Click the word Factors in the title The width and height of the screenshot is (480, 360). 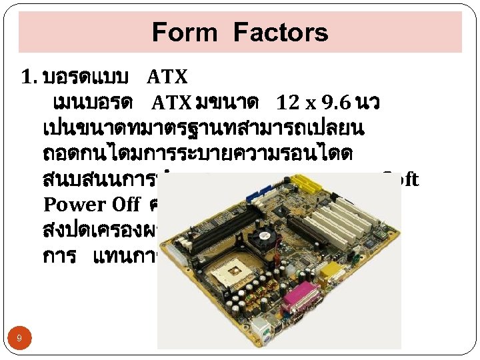[x=281, y=32]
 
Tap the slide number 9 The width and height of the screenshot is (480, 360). [x=19, y=339]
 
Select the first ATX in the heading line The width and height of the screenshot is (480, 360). [x=167, y=78]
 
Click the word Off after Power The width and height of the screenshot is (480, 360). [x=125, y=205]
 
